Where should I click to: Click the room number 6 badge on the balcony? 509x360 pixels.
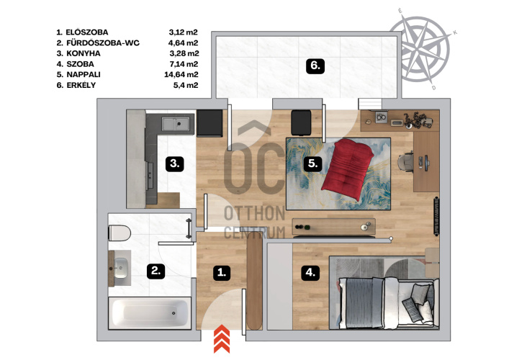(315, 66)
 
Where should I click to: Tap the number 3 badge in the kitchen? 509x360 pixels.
(175, 163)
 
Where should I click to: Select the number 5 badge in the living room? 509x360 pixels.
(312, 163)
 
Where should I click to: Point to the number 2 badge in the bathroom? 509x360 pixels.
(156, 271)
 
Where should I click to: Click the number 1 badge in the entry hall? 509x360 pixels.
(222, 273)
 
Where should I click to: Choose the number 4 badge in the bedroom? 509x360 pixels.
(310, 273)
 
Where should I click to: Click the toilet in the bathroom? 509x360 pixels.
(120, 233)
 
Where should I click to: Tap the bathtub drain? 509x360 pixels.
(174, 313)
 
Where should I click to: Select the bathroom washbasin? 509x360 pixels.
(121, 268)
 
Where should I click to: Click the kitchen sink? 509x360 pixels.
(176, 124)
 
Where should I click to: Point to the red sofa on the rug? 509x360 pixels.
(348, 168)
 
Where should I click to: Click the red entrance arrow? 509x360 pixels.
(222, 338)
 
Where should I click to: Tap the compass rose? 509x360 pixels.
(420, 49)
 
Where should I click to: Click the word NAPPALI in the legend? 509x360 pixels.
(84, 75)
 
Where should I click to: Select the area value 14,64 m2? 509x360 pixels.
(181, 75)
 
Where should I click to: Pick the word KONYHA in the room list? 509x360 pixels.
(84, 53)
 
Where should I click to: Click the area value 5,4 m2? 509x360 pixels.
(186, 86)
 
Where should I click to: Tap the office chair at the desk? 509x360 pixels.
(406, 161)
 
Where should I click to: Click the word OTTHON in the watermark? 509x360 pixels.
(255, 214)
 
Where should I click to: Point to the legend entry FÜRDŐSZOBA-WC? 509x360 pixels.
(103, 43)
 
